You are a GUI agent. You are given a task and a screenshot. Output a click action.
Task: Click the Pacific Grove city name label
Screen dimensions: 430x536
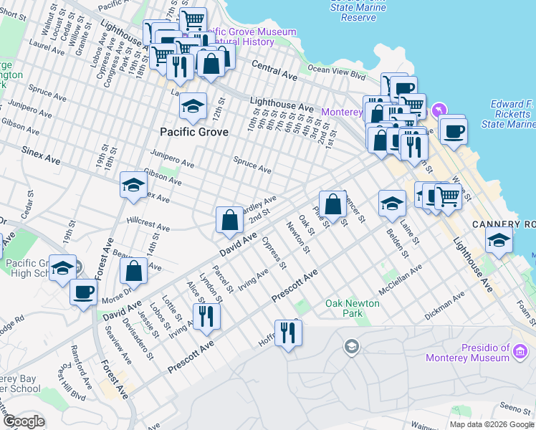point(194,132)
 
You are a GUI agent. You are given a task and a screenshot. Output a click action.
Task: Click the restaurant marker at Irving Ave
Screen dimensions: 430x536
point(206,317)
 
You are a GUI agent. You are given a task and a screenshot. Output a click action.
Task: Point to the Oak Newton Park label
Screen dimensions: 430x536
point(353,308)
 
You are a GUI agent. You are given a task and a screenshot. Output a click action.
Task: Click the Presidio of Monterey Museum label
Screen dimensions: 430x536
point(487,353)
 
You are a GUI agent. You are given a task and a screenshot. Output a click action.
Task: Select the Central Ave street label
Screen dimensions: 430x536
point(274,70)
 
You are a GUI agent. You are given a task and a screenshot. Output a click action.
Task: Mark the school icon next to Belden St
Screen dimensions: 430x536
point(392,204)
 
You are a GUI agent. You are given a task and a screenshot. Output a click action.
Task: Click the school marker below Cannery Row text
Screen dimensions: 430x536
point(499,241)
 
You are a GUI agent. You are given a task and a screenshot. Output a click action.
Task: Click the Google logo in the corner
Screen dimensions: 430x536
point(24,421)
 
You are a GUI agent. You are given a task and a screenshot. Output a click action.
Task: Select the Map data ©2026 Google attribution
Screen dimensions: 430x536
point(492,424)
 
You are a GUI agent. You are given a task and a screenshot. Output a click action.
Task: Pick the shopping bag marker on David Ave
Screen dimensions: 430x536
point(229,221)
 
